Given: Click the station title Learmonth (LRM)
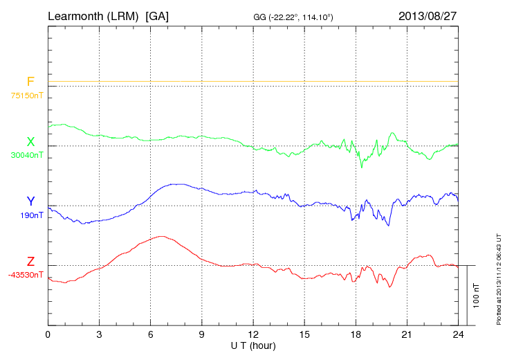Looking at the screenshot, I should coord(94,16).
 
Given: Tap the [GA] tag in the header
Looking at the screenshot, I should coord(157,16).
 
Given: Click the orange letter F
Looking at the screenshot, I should coord(30,82).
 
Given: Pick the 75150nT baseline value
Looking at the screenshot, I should coord(26,96).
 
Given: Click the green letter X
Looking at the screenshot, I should coord(30,142).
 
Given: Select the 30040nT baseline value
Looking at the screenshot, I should coord(26,155).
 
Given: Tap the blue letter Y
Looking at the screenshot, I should coord(30,201).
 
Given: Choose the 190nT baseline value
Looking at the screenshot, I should coord(30,215).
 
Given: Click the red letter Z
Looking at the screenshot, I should coord(30,262).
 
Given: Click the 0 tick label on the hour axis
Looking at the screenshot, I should coord(48,335).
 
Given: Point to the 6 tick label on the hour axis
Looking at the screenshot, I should coord(151,335).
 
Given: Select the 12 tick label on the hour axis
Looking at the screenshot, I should coord(253,335).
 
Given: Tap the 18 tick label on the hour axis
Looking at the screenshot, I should coord(356,335).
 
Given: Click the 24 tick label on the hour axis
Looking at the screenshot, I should coord(458,335).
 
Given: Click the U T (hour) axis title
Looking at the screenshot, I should coord(253,345).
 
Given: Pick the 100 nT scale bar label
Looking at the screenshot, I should coord(476,295).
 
